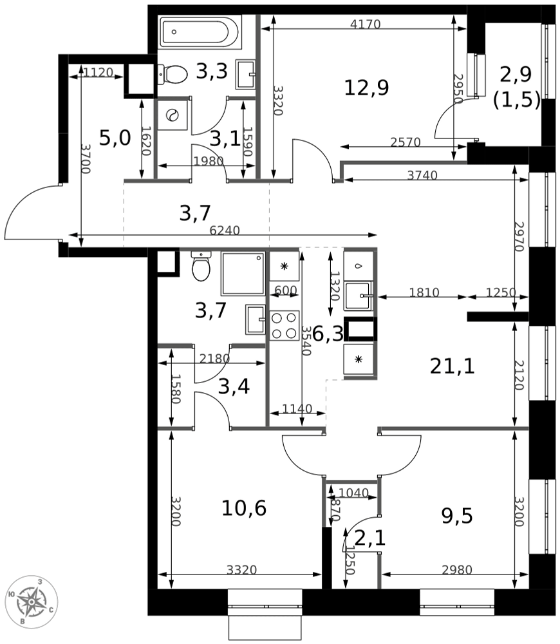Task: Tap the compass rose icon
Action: [x=32, y=601]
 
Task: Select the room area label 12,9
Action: [x=366, y=87]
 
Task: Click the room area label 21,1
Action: [x=452, y=366]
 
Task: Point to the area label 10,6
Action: [x=243, y=509]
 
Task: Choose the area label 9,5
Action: [x=457, y=516]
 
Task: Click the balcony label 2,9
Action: [x=516, y=75]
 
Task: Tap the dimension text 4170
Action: [x=366, y=25]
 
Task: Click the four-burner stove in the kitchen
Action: [x=285, y=325]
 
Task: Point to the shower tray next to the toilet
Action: [x=243, y=274]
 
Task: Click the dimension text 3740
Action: [x=422, y=175]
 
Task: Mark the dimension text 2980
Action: [x=457, y=570]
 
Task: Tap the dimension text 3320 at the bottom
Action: [x=241, y=570]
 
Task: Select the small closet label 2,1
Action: [x=370, y=538]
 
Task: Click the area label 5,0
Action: [x=115, y=137]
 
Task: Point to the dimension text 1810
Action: [x=424, y=293]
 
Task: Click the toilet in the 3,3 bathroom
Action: [x=173, y=74]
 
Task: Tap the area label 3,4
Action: [x=233, y=386]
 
